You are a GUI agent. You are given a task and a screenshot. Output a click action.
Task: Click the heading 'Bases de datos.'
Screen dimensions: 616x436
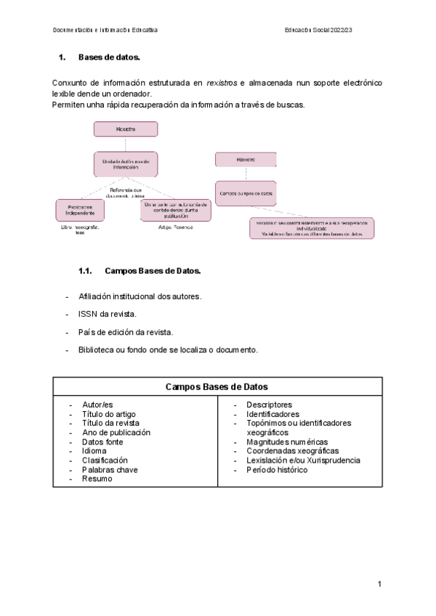point(109,57)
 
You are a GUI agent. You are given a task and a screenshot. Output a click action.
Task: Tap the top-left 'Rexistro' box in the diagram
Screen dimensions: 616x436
point(126,129)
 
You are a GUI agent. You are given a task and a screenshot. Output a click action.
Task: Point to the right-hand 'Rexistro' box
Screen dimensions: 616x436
point(245,160)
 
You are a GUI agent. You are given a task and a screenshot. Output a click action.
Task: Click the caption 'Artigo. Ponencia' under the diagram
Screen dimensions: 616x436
point(174,227)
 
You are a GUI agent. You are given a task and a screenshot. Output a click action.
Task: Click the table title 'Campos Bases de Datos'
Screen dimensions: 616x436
point(217,387)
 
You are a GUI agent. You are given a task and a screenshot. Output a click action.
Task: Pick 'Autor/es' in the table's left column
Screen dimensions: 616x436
point(98,405)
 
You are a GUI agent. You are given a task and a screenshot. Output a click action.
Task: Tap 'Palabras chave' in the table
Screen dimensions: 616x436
point(109,470)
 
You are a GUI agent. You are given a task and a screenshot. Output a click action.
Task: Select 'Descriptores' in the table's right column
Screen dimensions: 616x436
point(269,405)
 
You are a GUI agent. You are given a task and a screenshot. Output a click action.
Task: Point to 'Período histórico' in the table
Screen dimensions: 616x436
point(276,470)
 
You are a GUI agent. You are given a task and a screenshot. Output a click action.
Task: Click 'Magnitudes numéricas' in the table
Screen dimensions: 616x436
point(286,442)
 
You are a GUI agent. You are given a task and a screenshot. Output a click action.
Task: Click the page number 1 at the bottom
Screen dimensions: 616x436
point(379,584)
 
